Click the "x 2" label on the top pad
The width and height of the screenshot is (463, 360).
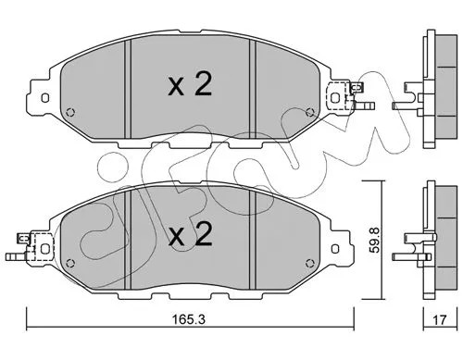(191, 85)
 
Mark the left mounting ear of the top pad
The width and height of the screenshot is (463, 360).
(42, 94)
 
